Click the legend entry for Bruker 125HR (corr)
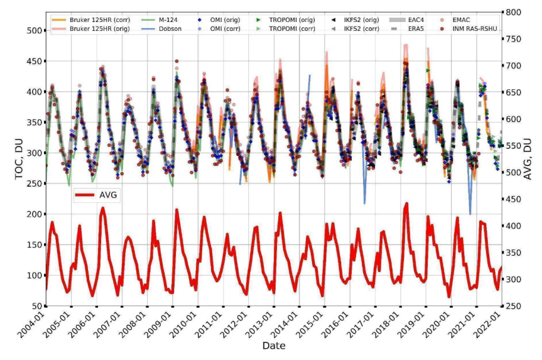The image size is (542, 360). click(x=90, y=19)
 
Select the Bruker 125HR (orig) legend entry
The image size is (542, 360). click(x=90, y=28)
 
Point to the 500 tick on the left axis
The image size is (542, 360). click(x=36, y=31)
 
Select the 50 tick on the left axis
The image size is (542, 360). click(x=39, y=306)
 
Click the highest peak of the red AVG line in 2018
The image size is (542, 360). click(x=406, y=204)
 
